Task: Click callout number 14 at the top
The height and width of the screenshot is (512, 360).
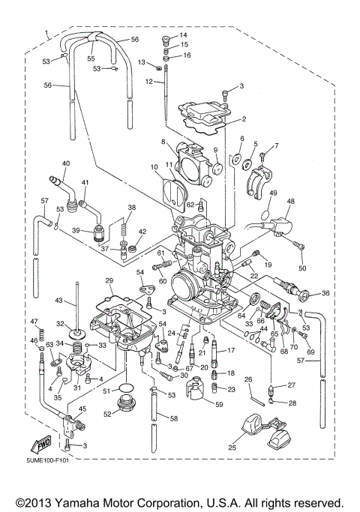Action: [x=184, y=35]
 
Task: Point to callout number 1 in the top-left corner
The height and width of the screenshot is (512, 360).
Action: [x=47, y=33]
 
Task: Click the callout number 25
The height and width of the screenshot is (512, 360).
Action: [x=232, y=448]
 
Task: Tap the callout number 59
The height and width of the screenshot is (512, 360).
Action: [x=219, y=405]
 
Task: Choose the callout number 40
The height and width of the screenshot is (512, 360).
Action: [x=66, y=163]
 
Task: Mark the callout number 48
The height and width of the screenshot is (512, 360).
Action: [x=290, y=202]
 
